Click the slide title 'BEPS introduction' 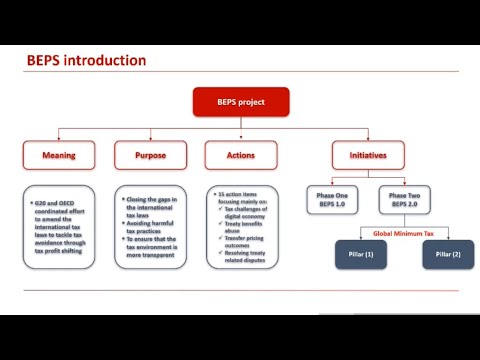coord(86,60)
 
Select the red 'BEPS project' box coord(240,101)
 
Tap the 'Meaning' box coord(58,154)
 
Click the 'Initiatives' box coord(368,154)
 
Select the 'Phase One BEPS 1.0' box coord(330,200)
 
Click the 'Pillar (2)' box coord(447,255)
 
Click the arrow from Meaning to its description coord(58,175)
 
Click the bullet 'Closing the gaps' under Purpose coord(150,204)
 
